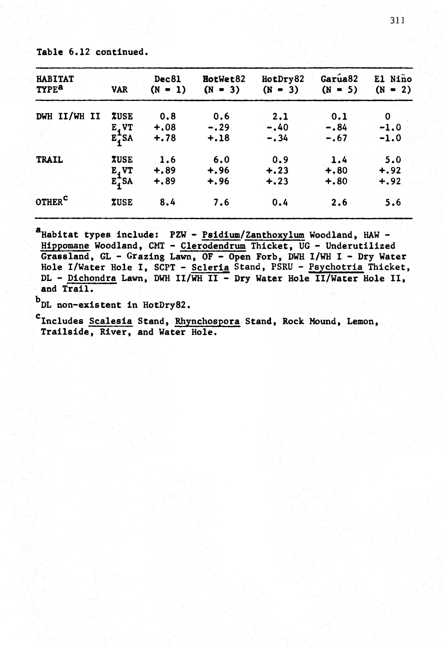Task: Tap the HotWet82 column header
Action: [x=224, y=79]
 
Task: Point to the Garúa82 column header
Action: [x=339, y=79]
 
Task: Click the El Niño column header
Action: [x=393, y=79]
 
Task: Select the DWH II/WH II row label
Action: [x=68, y=116]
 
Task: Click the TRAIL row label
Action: [x=50, y=160]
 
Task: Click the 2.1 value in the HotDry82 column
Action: [x=281, y=116]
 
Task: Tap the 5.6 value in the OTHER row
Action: [x=393, y=202]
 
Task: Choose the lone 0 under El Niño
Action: [x=388, y=116]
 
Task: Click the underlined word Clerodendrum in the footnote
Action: [x=213, y=246]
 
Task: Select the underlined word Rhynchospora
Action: [x=207, y=322]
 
